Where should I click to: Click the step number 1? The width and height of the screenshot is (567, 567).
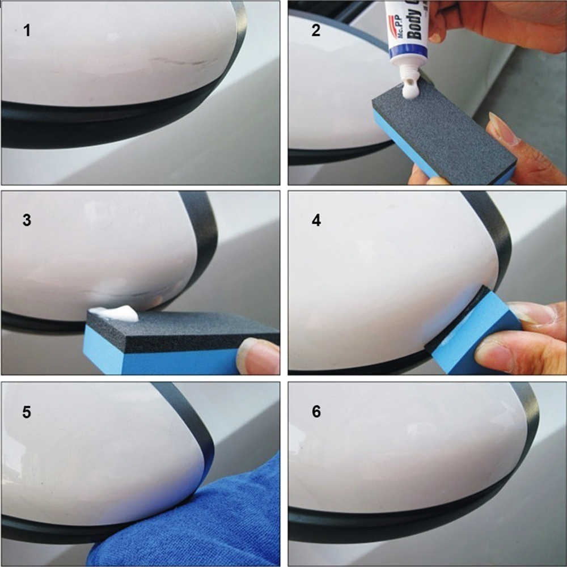pyautogui.click(x=27, y=30)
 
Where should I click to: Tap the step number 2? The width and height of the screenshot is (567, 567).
pyautogui.click(x=316, y=30)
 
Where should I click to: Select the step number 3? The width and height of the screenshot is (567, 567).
pyautogui.click(x=27, y=220)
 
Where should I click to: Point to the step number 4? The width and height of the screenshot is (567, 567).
pyautogui.click(x=316, y=220)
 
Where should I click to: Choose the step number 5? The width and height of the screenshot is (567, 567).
pyautogui.click(x=27, y=412)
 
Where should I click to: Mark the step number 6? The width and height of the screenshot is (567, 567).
pyautogui.click(x=316, y=412)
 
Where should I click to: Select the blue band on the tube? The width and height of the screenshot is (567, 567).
pyautogui.click(x=408, y=52)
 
